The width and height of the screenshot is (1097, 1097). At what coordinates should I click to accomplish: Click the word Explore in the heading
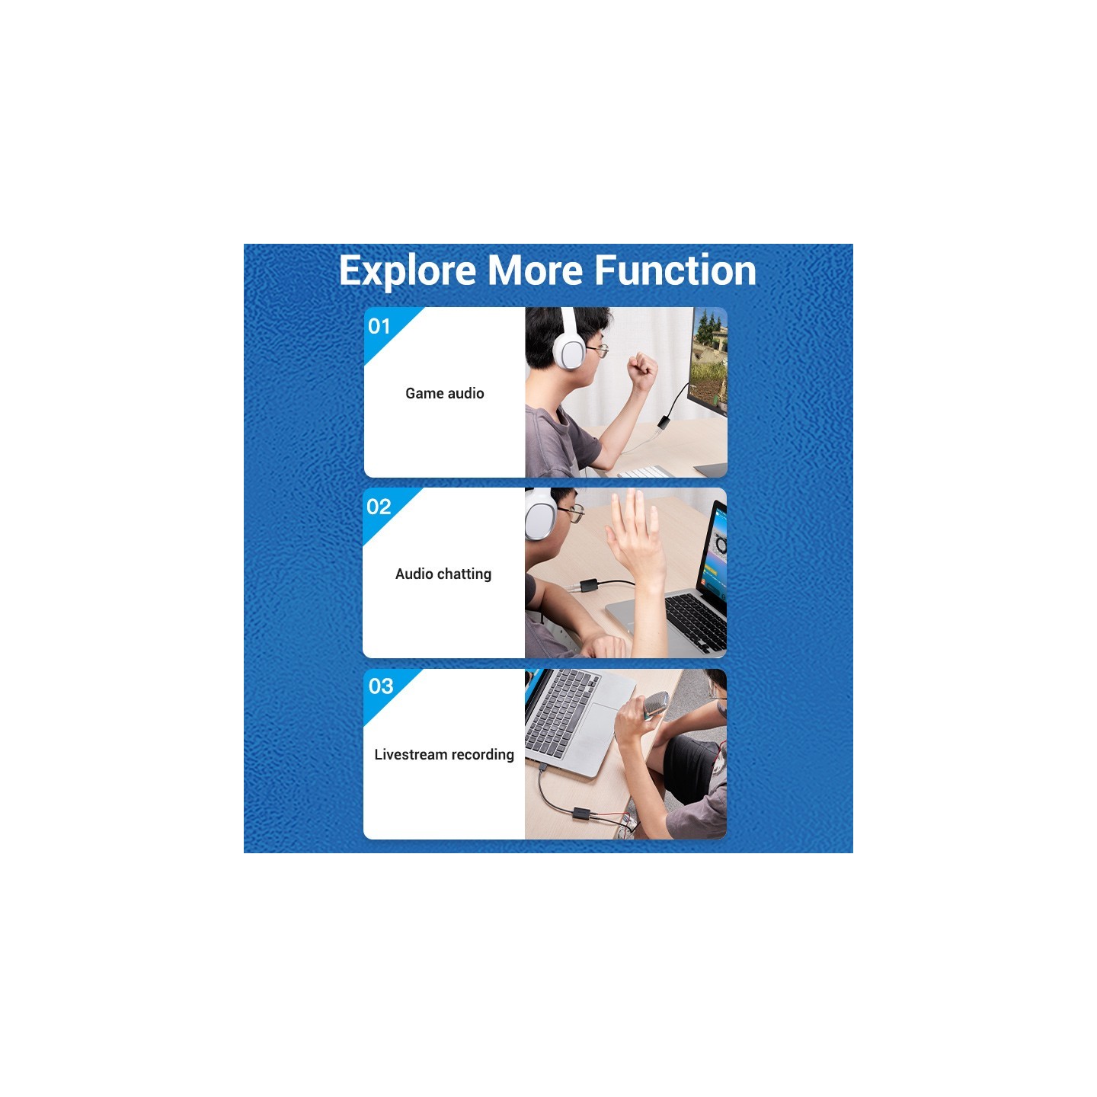407,271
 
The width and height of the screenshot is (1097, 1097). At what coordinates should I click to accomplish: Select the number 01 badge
379,326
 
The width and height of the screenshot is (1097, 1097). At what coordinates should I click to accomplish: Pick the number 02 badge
379,507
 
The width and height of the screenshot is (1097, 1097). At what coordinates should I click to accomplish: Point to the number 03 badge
381,686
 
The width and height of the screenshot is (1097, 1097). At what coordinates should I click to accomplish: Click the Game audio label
445,393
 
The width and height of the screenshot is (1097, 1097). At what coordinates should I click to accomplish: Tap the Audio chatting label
443,574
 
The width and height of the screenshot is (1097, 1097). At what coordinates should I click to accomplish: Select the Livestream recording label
444,755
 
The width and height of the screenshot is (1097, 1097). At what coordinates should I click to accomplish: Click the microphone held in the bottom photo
654,704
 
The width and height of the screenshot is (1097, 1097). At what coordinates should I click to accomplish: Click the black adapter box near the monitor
664,423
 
